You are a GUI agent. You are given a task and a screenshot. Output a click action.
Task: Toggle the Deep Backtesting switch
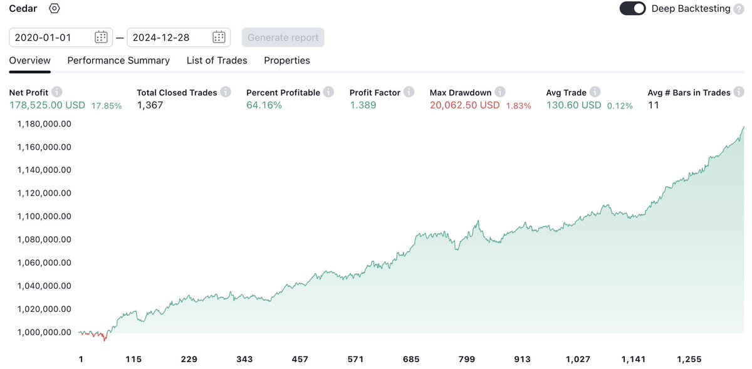(x=632, y=9)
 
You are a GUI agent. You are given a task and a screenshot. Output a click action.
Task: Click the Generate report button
(x=283, y=38)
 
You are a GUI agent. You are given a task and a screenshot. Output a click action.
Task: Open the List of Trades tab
(x=217, y=61)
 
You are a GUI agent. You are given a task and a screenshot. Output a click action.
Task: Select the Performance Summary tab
(x=118, y=61)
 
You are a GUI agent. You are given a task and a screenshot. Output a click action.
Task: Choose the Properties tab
(x=286, y=61)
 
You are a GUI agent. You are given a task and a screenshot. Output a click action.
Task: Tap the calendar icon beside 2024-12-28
(x=219, y=38)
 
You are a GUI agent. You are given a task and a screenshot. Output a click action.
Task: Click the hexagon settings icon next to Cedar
(x=55, y=9)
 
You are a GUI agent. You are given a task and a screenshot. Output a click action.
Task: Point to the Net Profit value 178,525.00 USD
(x=48, y=105)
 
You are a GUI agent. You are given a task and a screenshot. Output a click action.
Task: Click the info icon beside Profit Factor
(x=409, y=92)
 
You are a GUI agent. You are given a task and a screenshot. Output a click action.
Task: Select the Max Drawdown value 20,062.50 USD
(x=464, y=105)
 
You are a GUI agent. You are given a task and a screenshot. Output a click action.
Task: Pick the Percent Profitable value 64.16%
(x=264, y=105)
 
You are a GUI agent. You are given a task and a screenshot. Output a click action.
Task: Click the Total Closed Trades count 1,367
(x=150, y=105)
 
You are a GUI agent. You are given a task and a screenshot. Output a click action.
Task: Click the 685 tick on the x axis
(x=411, y=360)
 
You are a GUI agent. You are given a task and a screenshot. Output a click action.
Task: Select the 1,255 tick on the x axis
(x=689, y=360)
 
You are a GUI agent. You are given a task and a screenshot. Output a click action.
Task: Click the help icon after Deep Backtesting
(x=739, y=9)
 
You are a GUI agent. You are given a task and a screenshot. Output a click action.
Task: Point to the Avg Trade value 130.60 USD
(x=573, y=105)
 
